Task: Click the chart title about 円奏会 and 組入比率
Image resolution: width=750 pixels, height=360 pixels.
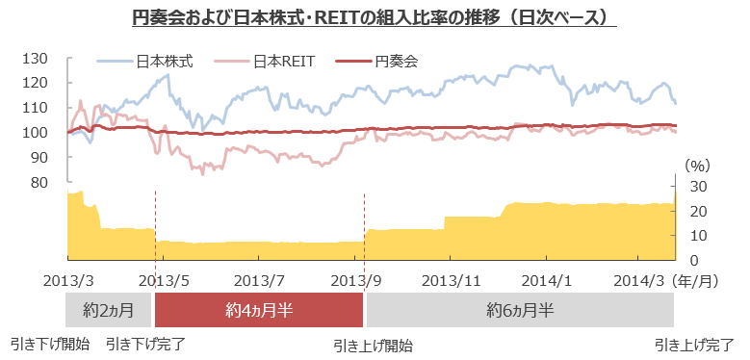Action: pos(374,18)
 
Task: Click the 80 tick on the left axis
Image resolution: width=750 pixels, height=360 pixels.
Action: pos(39,182)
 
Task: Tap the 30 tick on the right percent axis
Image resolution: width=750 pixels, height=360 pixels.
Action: pos(699,186)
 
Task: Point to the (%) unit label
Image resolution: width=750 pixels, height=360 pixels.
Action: pos(697,166)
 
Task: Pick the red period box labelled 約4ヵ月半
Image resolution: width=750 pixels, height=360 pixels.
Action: pos(259,310)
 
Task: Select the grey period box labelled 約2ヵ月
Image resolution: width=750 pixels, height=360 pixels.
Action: pos(109,310)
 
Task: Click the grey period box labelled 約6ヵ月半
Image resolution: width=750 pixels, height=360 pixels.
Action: pos(520,310)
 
